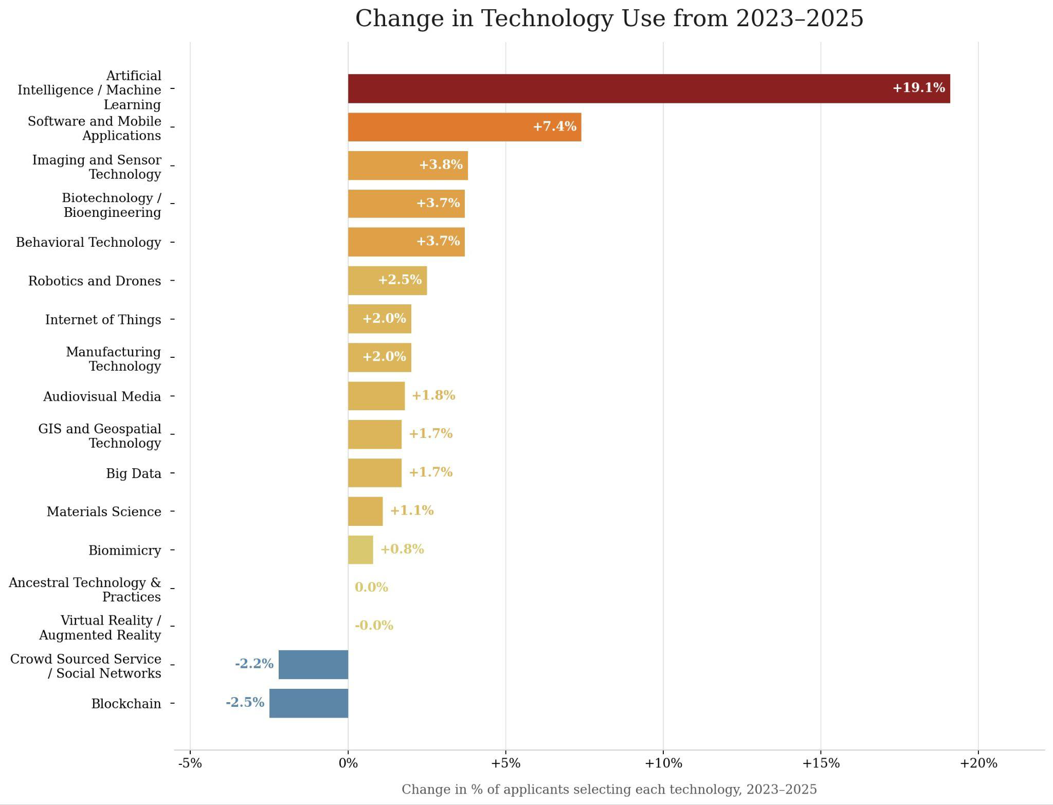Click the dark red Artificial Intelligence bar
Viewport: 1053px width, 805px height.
pos(648,88)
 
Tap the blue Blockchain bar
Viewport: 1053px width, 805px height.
pos(308,703)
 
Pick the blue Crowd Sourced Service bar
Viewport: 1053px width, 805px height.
pos(313,665)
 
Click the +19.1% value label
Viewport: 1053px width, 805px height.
pos(918,88)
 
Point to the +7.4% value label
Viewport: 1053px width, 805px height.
pos(554,126)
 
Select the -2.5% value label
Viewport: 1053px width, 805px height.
pos(245,702)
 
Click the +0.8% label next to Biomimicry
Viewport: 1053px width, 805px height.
pos(402,549)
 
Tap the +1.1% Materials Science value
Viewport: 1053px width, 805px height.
pos(411,510)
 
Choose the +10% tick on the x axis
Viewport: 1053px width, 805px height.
pos(663,763)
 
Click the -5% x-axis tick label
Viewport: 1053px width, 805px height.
pos(190,763)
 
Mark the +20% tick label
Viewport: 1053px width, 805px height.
pos(978,763)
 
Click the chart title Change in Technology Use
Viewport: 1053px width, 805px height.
pos(609,19)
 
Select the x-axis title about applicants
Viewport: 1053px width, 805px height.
pos(609,790)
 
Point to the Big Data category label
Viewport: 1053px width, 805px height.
pos(134,473)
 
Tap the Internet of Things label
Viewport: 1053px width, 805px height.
pos(103,320)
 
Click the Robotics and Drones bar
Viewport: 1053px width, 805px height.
pos(387,281)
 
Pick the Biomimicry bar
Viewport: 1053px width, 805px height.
pos(360,550)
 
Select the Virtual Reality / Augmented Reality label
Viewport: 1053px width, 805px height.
pos(100,628)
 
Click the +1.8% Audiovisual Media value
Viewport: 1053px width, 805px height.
pos(433,395)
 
